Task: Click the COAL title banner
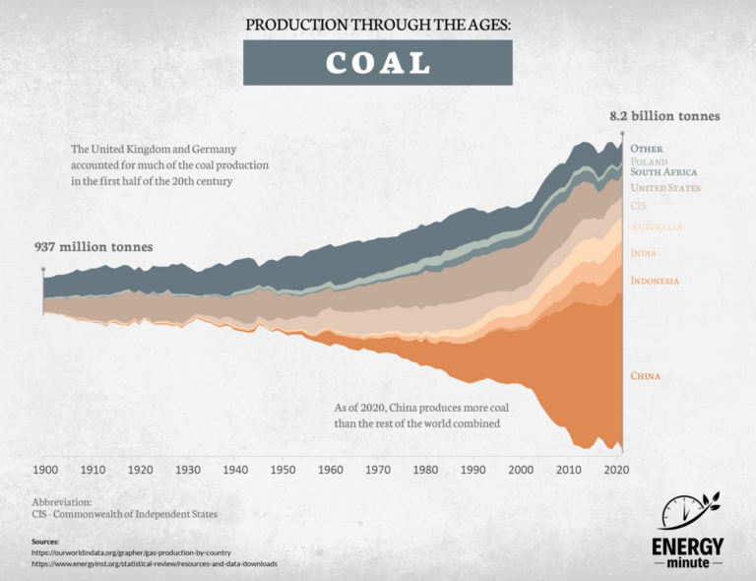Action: pos(378,62)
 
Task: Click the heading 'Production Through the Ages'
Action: pos(378,24)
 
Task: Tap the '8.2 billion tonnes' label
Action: pos(664,115)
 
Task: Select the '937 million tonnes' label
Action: pos(94,246)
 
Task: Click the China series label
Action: pos(645,376)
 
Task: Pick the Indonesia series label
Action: pos(655,281)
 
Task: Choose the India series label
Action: pos(644,253)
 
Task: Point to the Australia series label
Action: pos(656,227)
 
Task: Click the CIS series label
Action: pos(638,206)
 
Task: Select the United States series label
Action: pos(664,187)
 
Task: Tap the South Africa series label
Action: pos(663,171)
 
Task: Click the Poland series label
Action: pos(649,161)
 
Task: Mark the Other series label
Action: pos(646,149)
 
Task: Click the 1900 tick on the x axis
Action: pos(46,470)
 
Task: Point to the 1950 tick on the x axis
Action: pos(283,470)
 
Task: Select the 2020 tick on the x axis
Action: pos(614,470)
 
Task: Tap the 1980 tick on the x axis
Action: pos(425,470)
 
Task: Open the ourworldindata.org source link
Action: pos(131,552)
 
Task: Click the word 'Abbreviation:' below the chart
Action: pos(61,501)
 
